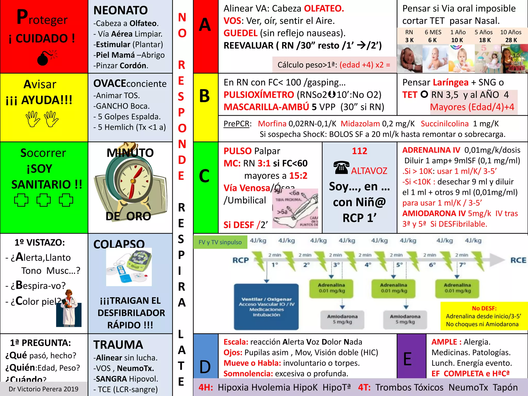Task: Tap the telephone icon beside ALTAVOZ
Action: (341, 168)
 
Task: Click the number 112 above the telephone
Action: (359, 151)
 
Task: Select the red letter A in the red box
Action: (205, 25)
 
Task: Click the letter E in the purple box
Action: (408, 359)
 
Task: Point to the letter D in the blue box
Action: (205, 367)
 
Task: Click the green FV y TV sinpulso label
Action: (220, 242)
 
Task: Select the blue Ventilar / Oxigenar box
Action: (266, 307)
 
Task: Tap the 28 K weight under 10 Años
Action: (511, 40)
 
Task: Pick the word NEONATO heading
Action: (120, 11)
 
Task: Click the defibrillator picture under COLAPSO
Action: (129, 267)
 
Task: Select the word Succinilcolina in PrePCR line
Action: (444, 124)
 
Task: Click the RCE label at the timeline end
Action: (518, 260)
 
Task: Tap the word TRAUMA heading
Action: (118, 345)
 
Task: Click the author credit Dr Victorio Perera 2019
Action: (43, 389)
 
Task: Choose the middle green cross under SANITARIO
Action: (43, 200)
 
